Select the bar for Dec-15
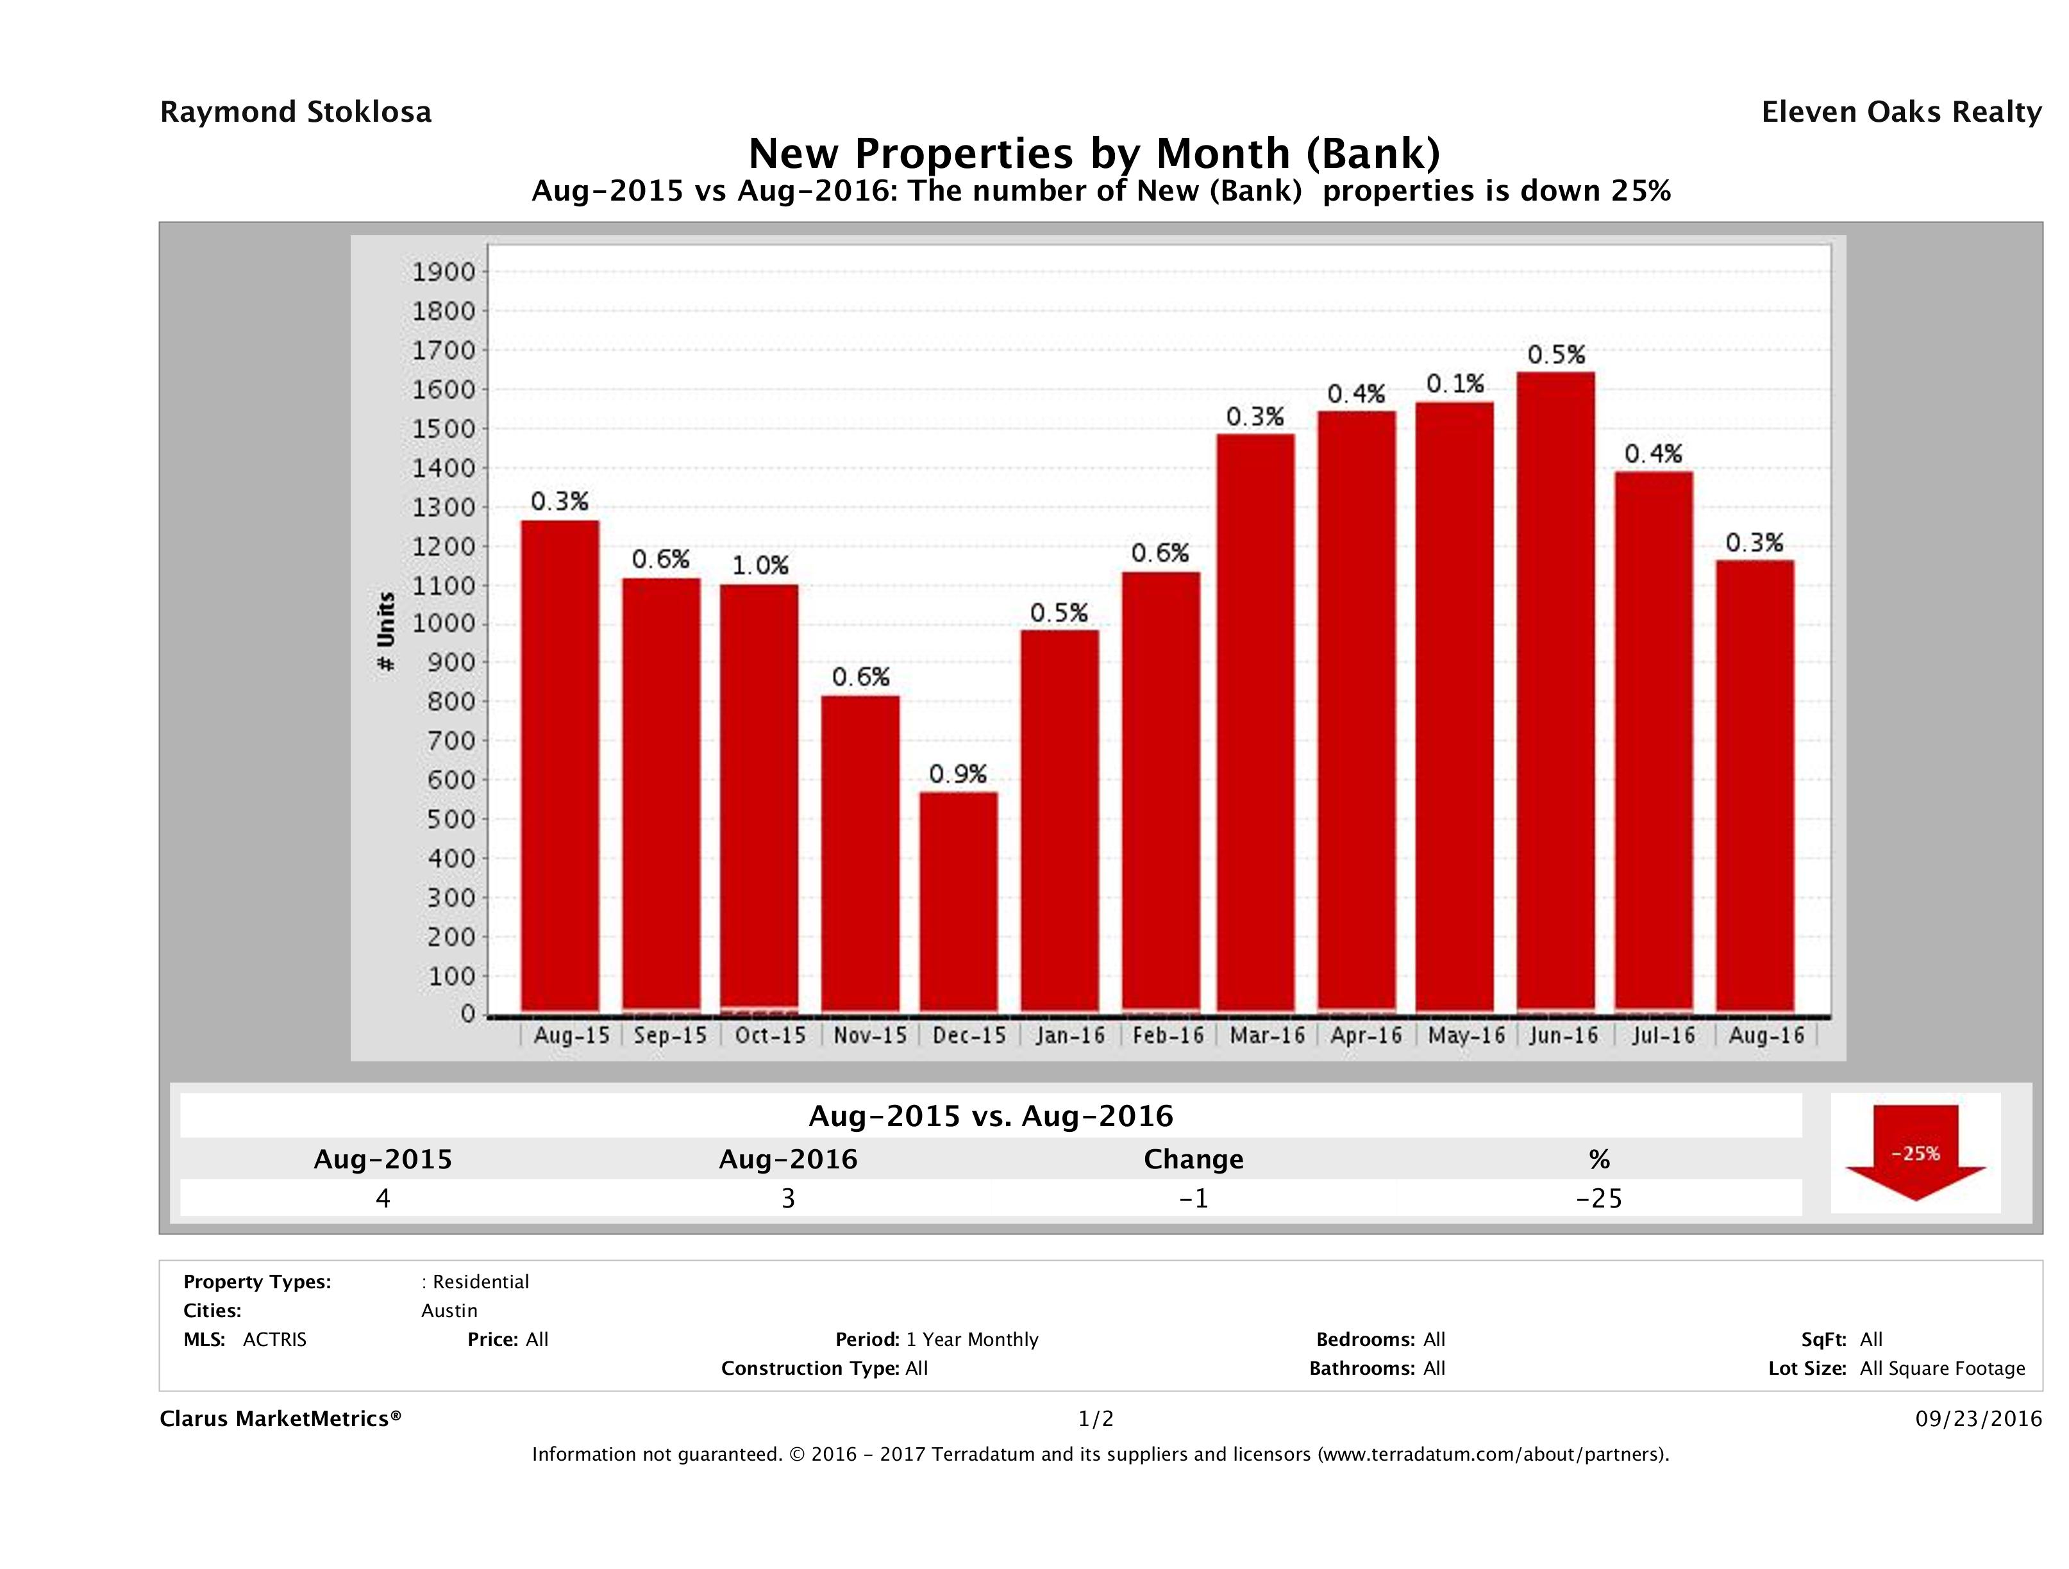[958, 902]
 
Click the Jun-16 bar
[1555, 692]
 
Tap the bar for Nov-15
[860, 854]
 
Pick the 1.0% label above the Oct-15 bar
[760, 566]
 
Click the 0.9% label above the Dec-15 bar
[958, 774]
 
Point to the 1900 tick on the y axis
[444, 272]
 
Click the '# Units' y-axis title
[385, 632]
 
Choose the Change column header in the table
[1194, 1159]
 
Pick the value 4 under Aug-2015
[383, 1198]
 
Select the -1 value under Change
[1194, 1198]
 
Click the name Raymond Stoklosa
[296, 112]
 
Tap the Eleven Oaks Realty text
[1900, 112]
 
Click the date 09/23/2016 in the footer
[1978, 1418]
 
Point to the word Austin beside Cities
[449, 1311]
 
